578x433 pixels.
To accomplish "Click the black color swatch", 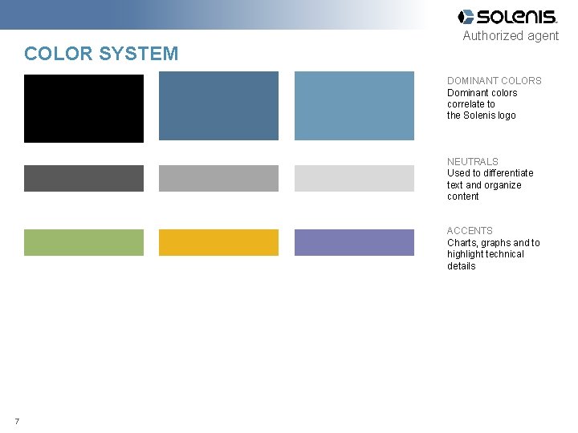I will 83,108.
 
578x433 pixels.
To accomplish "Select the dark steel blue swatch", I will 218,106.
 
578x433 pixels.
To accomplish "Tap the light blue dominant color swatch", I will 354,106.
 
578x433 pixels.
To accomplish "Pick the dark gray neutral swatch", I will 83,178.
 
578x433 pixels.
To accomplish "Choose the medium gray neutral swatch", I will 218,178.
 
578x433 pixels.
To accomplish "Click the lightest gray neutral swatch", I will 354,178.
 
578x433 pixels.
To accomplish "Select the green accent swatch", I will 83,242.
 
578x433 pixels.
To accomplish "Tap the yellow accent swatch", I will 218,242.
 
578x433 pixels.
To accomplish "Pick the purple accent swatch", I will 354,242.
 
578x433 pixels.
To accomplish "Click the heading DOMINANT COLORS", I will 494,81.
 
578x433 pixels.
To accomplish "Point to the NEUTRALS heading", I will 472,162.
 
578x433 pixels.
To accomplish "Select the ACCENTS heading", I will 470,231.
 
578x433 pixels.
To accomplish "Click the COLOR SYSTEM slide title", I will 101,54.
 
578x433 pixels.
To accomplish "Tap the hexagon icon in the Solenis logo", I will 466,17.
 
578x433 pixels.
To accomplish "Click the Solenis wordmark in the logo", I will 516,17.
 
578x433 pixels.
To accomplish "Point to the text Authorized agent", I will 511,36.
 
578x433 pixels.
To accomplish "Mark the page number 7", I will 17,421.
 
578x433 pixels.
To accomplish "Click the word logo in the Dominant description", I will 506,115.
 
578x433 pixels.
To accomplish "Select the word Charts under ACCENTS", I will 462,243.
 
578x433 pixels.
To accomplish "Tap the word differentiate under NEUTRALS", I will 505,173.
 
